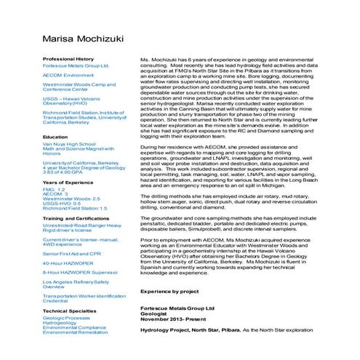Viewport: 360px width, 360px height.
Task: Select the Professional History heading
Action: pyautogui.click(x=68, y=58)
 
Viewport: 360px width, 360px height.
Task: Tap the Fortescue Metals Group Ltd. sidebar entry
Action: pyautogui.click(x=76, y=65)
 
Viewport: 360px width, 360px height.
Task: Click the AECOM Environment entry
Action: pyautogui.click(x=68, y=75)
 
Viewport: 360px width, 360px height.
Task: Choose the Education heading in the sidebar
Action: pyautogui.click(x=55, y=137)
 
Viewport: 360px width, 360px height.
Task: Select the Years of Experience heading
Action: pyautogui.click(x=67, y=182)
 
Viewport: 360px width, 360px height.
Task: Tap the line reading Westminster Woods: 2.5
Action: pyautogui.click(x=71, y=198)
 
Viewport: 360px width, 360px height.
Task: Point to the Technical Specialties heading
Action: pyautogui.click(x=70, y=311)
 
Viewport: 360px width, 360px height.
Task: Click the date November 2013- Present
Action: pyautogui.click(x=171, y=319)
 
